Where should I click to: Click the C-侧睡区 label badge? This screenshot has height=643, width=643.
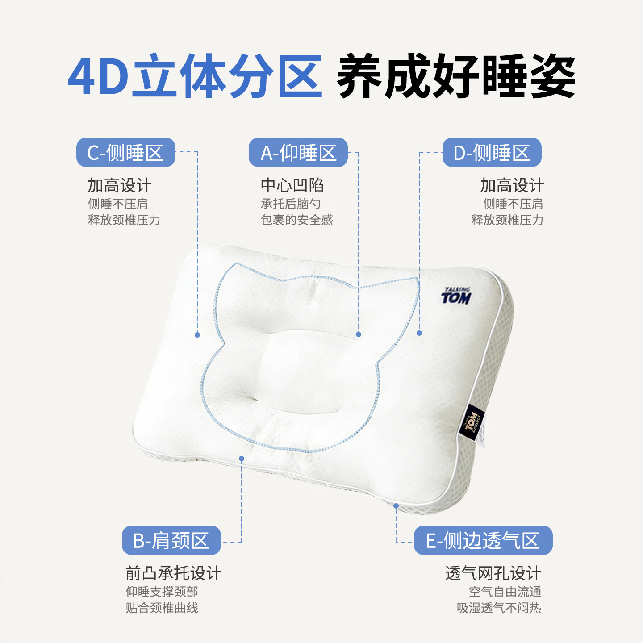(125, 153)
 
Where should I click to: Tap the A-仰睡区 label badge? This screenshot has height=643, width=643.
(298, 153)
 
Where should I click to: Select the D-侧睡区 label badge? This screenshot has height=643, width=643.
(492, 153)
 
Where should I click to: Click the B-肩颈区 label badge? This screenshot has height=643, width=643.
(171, 540)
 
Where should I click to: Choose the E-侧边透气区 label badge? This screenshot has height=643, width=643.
(483, 540)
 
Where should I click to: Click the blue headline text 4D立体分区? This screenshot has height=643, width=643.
(195, 76)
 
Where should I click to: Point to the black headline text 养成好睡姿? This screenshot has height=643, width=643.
(455, 76)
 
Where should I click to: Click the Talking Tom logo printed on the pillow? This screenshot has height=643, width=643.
(456, 296)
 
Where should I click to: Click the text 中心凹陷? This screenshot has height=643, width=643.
(292, 185)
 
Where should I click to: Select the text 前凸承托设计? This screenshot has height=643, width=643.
(173, 573)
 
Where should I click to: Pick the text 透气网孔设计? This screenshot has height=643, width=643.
(493, 573)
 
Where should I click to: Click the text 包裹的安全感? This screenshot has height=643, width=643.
(297, 220)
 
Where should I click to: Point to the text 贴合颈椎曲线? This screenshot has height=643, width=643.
(162, 608)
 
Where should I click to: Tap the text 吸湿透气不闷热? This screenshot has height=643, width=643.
(499, 608)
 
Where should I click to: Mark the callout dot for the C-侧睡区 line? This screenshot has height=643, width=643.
(197, 335)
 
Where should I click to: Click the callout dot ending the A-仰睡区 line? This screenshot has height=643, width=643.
(359, 334)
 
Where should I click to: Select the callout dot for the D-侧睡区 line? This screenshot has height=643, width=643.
(419, 333)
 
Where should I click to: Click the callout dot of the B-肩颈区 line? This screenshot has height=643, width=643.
(242, 459)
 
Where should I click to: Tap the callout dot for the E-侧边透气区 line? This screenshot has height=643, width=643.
(396, 506)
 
